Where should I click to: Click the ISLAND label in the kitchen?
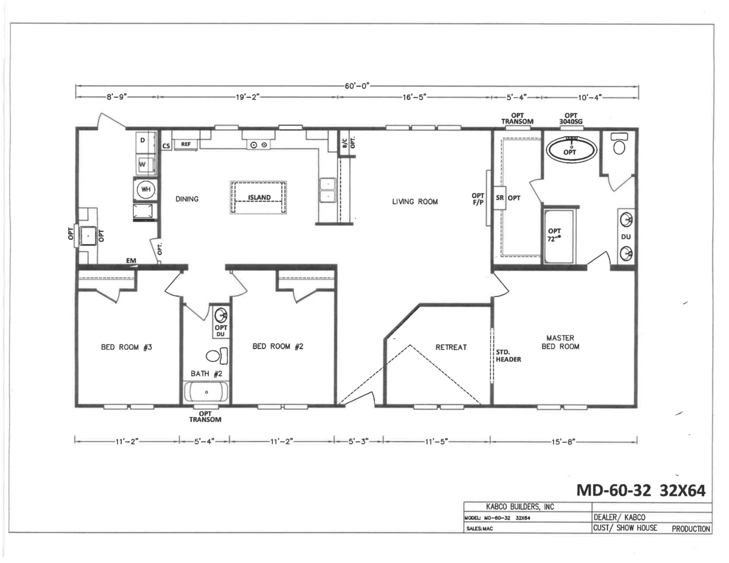point(259,197)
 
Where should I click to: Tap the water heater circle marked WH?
point(146,189)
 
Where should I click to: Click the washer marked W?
point(146,165)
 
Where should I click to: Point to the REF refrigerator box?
point(185,145)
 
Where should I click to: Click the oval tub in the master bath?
point(572,150)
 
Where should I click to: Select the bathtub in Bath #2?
point(207,392)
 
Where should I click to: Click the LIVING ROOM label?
point(415,202)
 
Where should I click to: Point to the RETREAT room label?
point(451,347)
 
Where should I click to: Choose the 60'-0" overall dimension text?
point(357,86)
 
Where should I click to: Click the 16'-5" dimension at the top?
point(414,97)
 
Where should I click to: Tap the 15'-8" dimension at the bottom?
point(563,442)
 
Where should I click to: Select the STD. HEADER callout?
point(508,356)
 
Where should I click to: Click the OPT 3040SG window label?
point(571,118)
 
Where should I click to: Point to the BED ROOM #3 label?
point(126,347)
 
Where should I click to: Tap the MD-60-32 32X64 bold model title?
point(641,491)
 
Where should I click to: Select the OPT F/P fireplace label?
point(478,199)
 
